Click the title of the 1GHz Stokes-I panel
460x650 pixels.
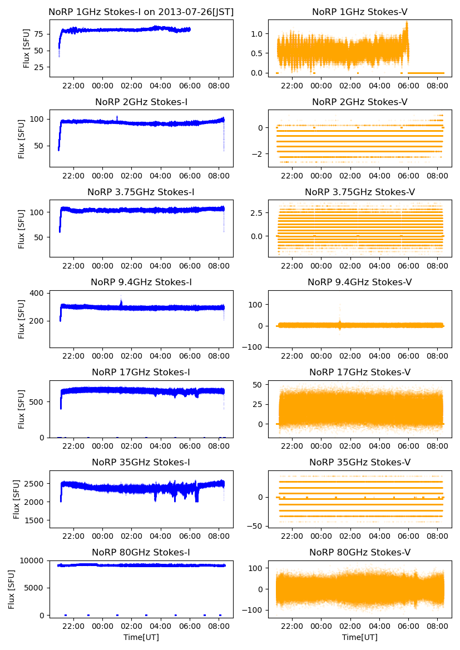pos(141,12)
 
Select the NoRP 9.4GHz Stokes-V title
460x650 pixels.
pos(359,282)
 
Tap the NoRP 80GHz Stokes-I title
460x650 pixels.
pos(141,552)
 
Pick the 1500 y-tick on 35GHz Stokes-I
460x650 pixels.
pos(36,520)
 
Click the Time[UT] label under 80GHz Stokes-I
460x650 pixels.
pos(141,637)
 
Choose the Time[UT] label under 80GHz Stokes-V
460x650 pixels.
pos(359,637)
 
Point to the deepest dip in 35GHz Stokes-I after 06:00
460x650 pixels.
pos(197,499)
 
